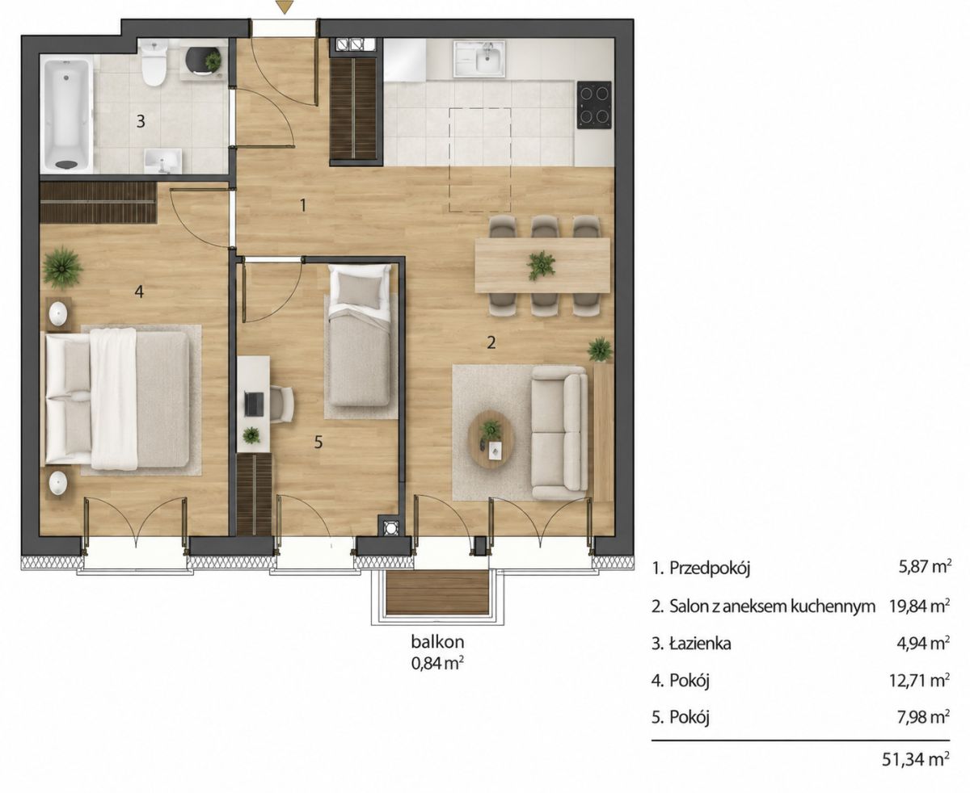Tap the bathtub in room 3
click(68, 115)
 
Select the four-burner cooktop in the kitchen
click(594, 105)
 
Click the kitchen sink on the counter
click(479, 58)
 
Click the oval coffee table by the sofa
click(491, 438)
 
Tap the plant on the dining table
click(542, 265)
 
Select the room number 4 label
click(139, 291)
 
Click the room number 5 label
click(318, 442)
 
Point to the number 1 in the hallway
click(302, 205)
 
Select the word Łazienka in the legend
click(700, 644)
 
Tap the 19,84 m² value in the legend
click(918, 606)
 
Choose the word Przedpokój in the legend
click(710, 569)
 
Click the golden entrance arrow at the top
click(285, 6)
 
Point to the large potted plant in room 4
click(63, 267)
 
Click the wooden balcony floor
click(437, 592)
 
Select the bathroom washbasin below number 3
click(162, 162)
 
